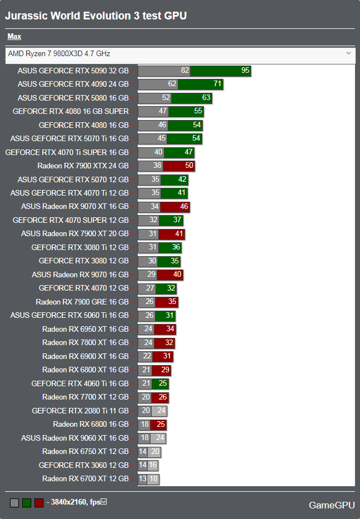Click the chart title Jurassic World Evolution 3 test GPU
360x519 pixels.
96,16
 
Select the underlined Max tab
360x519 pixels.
14,37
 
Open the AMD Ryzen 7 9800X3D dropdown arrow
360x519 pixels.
348,53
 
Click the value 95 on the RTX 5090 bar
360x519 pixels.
245,71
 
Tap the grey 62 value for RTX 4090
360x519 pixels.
172,84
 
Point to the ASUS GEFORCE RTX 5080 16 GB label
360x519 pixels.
73,98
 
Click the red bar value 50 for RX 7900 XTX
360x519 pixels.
189,166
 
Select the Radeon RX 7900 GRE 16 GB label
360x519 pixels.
82,302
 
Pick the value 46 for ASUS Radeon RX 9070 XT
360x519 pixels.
184,207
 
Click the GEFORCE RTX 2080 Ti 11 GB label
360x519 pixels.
80,411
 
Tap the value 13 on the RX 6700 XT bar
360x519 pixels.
143,479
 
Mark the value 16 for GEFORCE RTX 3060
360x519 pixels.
153,465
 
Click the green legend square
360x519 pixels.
27,503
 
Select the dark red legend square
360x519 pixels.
39,503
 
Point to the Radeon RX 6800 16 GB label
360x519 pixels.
91,425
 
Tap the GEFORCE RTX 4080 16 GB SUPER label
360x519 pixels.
71,111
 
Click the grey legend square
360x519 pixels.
14,503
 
